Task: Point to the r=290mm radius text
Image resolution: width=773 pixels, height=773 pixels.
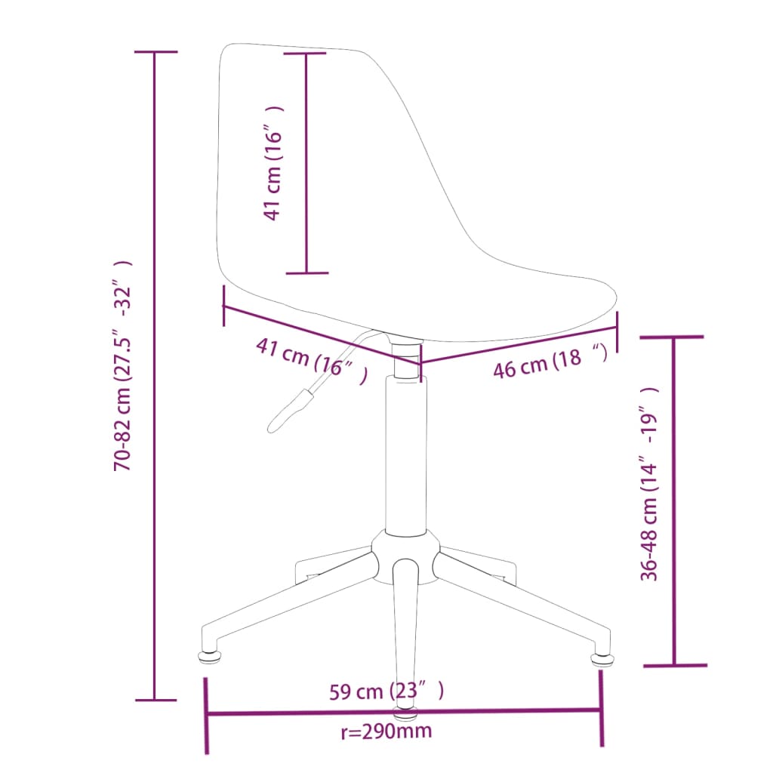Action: coord(386,731)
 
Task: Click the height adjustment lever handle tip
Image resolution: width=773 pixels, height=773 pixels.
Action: coord(272,427)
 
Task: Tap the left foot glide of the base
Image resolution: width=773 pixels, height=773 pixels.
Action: coord(209,658)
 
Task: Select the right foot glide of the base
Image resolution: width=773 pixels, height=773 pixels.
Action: coord(602,658)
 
